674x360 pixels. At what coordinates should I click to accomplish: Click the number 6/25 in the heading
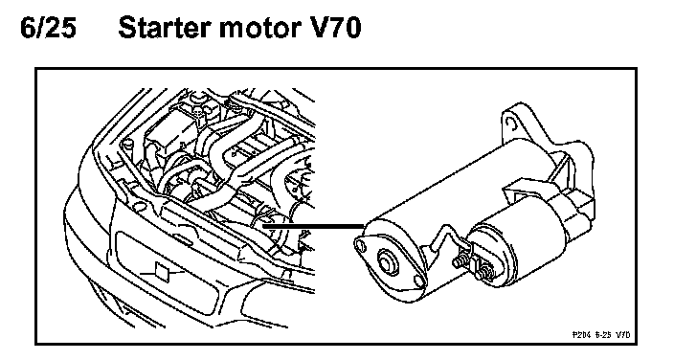point(48,28)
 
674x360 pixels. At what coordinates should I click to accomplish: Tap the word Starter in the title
point(165,28)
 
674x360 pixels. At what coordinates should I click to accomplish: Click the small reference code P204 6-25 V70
point(601,334)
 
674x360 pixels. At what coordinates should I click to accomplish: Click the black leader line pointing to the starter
point(313,224)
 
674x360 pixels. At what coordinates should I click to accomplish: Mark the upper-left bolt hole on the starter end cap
point(360,245)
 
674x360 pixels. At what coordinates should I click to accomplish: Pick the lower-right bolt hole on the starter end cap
point(418,281)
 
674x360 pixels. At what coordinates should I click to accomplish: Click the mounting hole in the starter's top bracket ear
point(510,123)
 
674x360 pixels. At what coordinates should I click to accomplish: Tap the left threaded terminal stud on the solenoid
point(460,260)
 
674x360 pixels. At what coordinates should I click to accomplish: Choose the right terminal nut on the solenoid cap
point(486,272)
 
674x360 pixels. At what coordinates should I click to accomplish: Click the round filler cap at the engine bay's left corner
point(126,144)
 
